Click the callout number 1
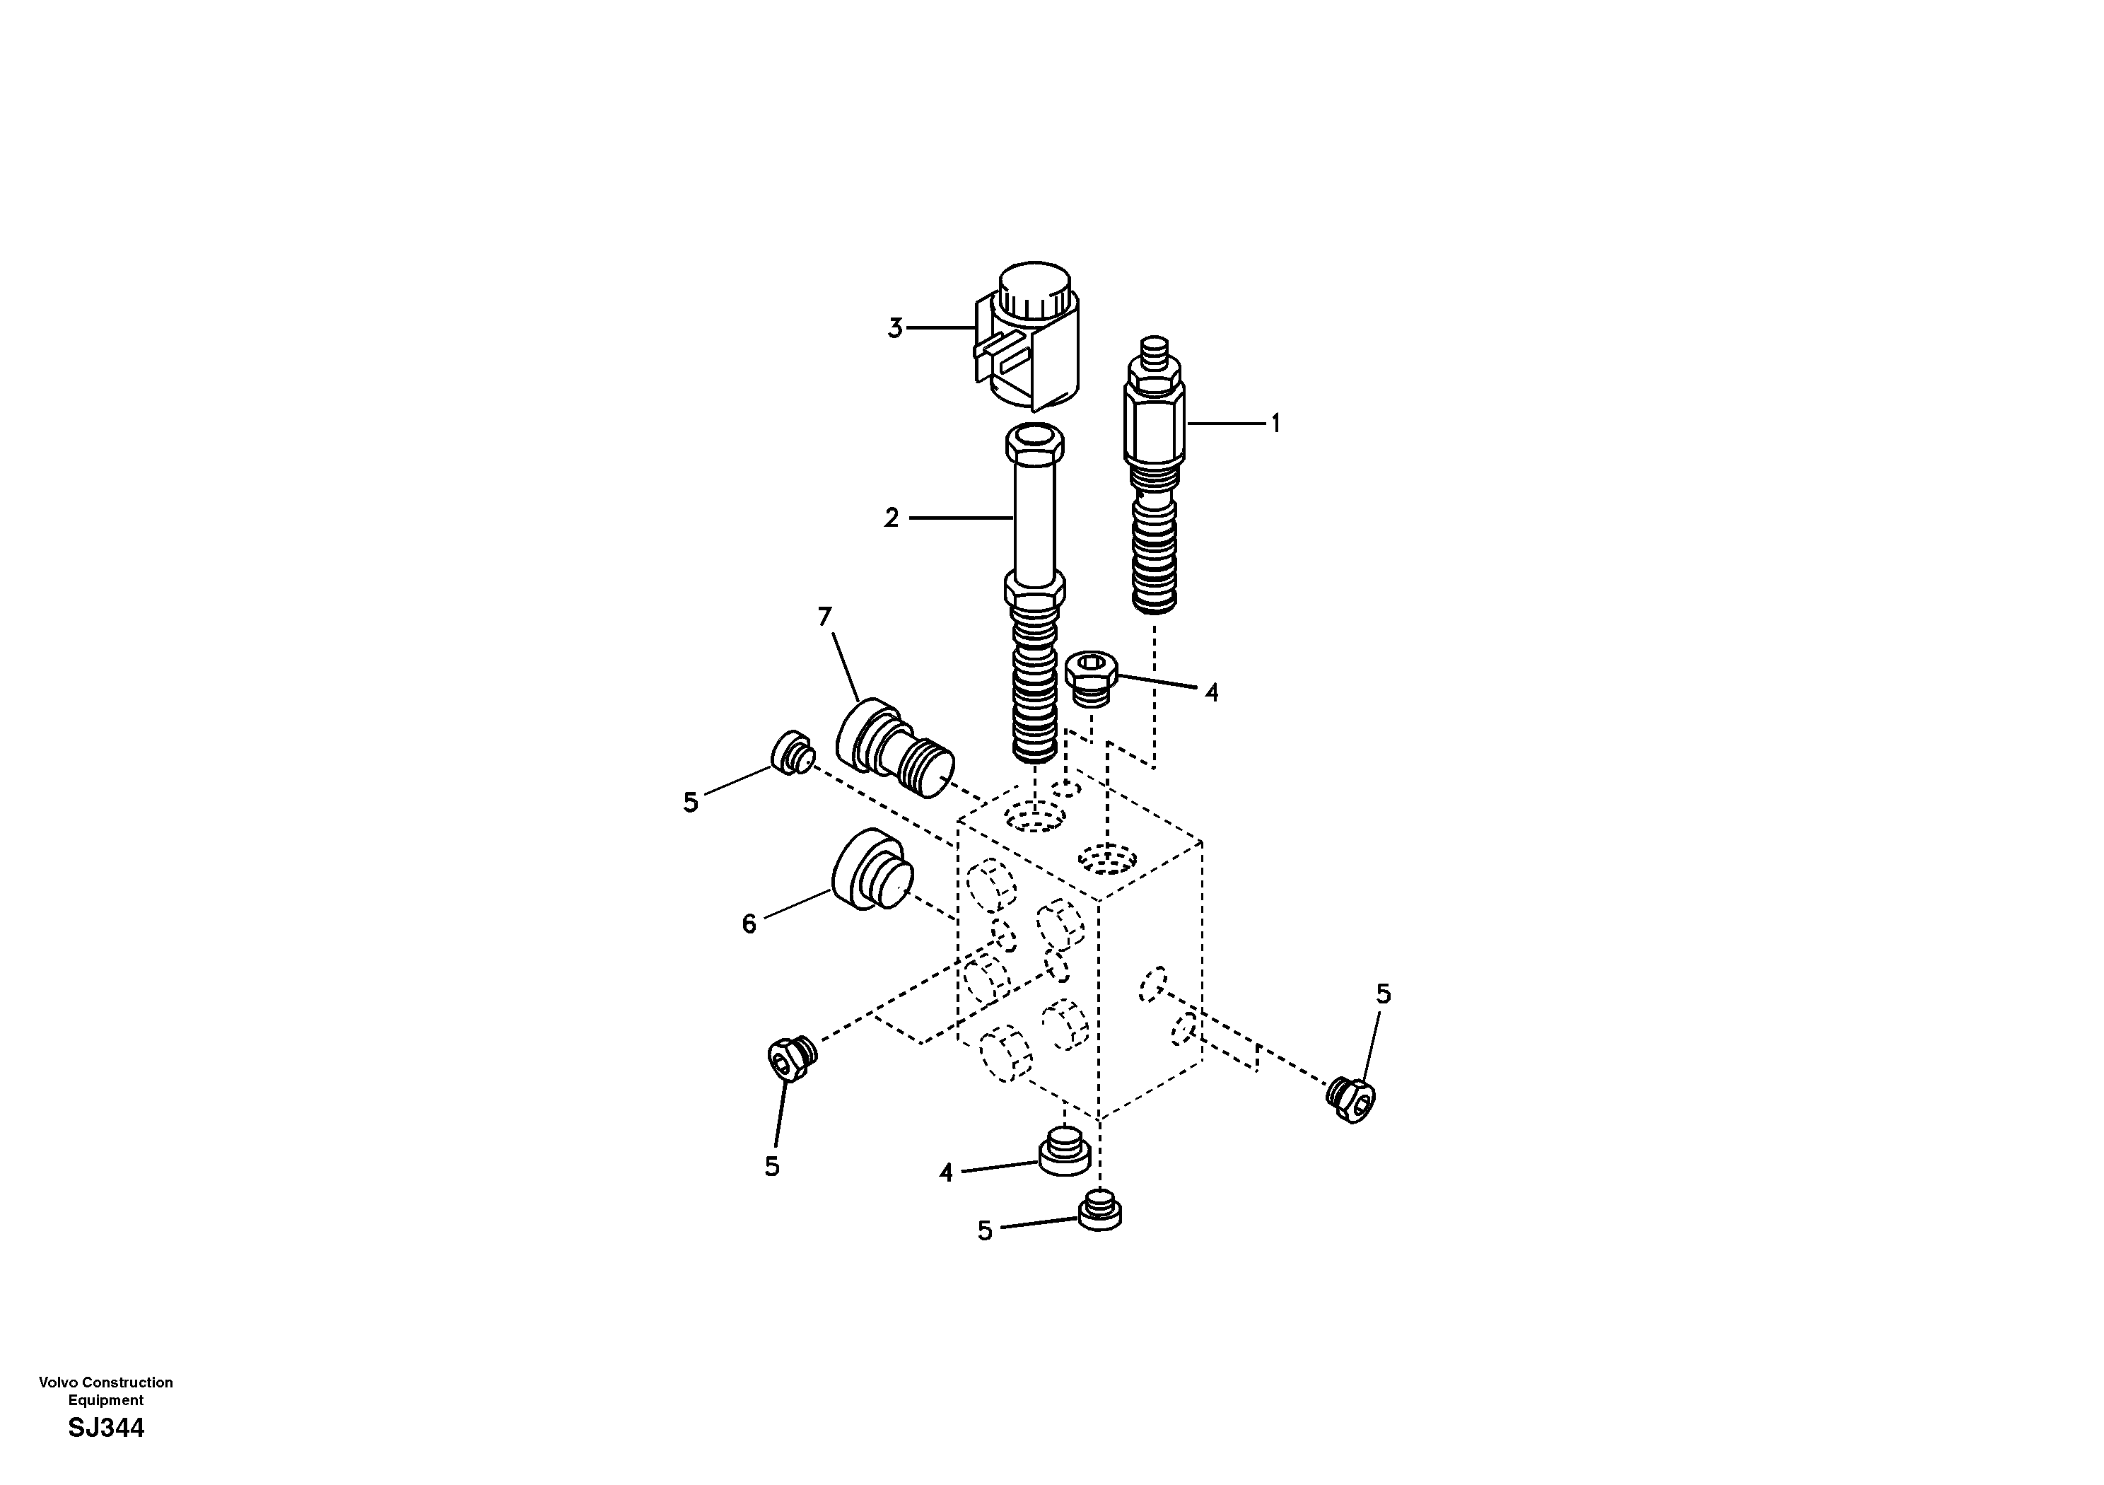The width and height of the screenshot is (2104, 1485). pos(1274,424)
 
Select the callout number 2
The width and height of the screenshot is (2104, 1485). pos(892,519)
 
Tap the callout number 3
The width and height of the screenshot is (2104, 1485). pos(895,328)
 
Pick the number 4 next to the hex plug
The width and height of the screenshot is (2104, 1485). pos(1212,693)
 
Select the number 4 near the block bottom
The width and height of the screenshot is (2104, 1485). pos(946,1172)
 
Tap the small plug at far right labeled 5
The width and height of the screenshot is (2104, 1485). pos(1352,1099)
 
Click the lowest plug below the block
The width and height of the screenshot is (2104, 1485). pos(1099,1210)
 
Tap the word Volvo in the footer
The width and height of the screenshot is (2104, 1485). pos(55,1382)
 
